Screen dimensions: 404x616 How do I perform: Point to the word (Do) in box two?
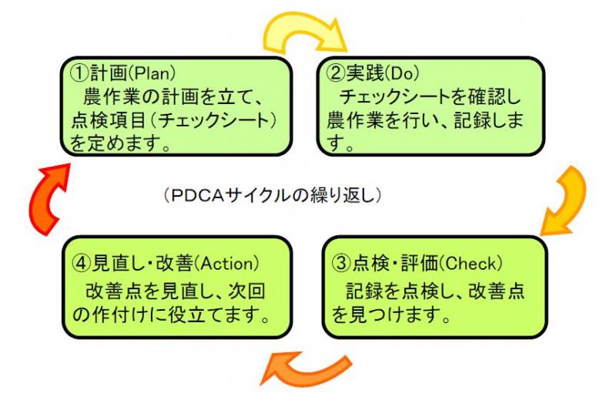coord(405,75)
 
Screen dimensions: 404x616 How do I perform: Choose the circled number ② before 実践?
coord(336,75)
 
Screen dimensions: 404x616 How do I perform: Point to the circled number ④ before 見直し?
coord(80,262)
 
